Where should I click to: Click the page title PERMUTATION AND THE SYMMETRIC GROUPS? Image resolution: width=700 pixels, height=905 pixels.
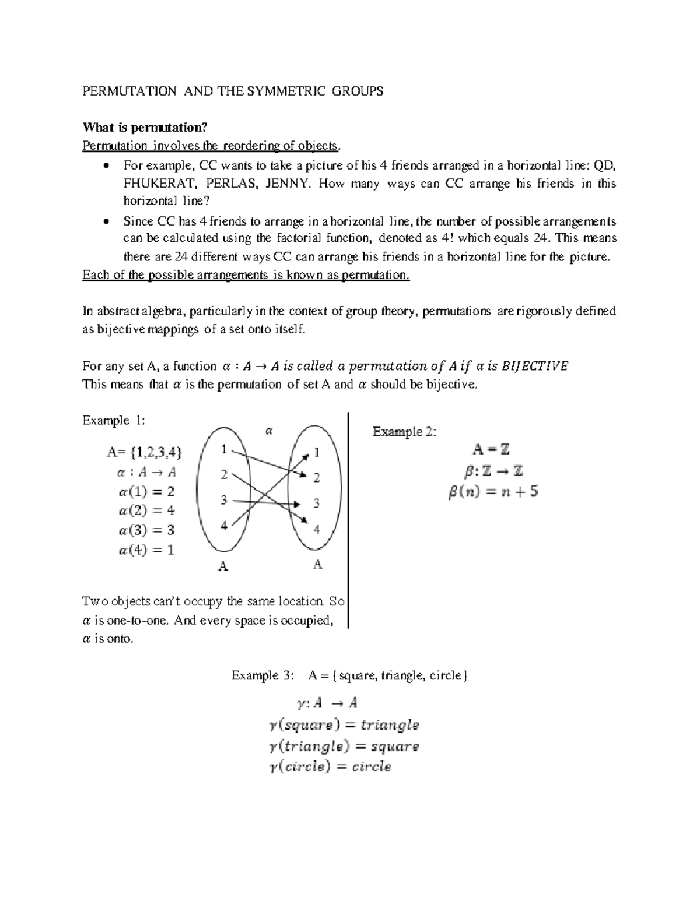coord(233,91)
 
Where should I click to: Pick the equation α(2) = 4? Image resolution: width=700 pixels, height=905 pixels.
coord(146,510)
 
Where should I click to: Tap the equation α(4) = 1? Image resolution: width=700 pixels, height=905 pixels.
coord(146,550)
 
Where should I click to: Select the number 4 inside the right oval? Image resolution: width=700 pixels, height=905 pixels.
coord(317,530)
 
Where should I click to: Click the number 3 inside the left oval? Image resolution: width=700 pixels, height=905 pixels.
coord(223,500)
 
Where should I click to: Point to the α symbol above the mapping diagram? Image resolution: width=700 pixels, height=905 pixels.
coord(269,431)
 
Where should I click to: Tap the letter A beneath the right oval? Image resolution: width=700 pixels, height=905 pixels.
coord(317,564)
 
